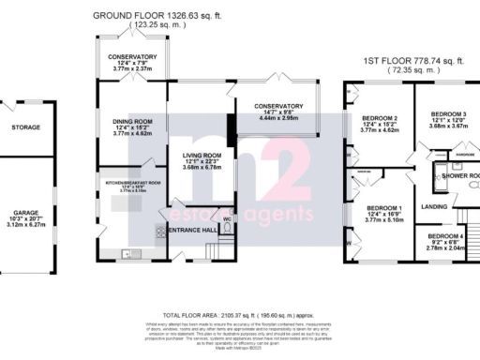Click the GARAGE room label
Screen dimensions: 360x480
(x=26, y=213)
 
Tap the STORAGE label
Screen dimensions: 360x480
(x=26, y=127)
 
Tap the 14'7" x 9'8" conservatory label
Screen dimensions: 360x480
(x=276, y=106)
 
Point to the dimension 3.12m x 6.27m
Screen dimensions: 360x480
(x=26, y=225)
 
